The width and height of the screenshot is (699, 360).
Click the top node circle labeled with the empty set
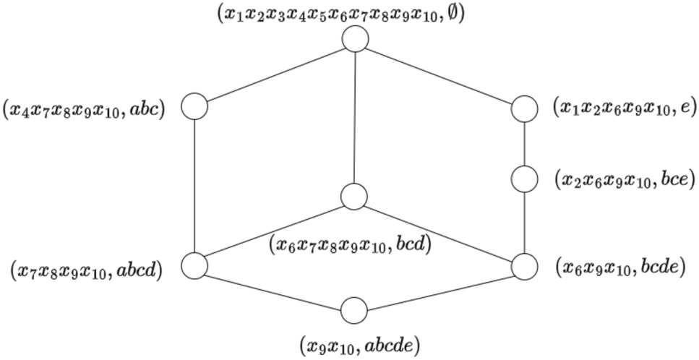[355, 38]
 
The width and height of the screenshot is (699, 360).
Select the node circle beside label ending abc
[194, 107]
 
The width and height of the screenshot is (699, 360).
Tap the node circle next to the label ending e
[524, 109]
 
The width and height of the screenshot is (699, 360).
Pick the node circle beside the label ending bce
[524, 178]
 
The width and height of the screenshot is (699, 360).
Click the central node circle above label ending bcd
[354, 197]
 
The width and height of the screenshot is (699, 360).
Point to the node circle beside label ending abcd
[194, 265]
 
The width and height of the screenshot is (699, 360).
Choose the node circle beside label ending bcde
[524, 267]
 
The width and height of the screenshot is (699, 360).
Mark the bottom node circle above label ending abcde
[354, 311]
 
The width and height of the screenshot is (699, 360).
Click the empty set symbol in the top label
[455, 14]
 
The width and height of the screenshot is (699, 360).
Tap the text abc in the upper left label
[150, 109]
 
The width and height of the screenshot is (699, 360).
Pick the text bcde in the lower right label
[661, 267]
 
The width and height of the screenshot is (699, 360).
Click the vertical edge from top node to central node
[355, 116]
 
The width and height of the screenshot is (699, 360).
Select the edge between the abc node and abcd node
[194, 186]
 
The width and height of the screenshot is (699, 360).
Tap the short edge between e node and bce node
[524, 143]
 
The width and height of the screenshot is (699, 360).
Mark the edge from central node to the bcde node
[439, 231]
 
